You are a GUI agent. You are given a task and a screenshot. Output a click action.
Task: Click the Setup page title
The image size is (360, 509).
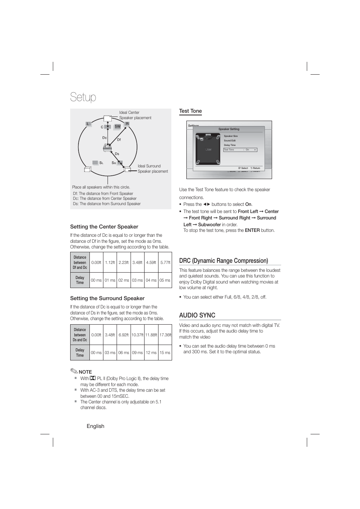coord(83,97)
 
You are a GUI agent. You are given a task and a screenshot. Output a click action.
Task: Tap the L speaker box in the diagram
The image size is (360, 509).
coord(88,124)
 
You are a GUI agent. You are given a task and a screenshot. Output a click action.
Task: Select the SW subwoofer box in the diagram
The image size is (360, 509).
coord(117,127)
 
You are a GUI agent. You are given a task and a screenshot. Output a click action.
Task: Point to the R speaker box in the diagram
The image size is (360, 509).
coord(127,124)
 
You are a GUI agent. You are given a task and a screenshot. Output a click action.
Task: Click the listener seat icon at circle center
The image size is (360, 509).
coord(107,147)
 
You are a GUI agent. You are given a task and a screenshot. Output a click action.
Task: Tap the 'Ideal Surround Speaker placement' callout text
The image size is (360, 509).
coord(152,169)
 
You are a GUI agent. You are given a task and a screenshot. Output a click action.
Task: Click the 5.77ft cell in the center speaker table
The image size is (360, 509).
coord(165,262)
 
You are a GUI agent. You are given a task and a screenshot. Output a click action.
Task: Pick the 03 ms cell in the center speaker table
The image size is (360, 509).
coord(137,280)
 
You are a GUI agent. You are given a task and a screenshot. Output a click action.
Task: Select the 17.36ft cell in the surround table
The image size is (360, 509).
coord(165,335)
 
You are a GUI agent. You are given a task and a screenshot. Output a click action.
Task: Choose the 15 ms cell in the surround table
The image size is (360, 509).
coord(165,353)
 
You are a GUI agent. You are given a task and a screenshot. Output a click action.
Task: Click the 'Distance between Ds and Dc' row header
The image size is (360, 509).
coord(80,335)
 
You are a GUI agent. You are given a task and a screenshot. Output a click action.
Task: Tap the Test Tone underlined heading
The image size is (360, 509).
coord(190,111)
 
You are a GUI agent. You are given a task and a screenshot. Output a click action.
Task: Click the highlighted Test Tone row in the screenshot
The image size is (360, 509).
coord(240,150)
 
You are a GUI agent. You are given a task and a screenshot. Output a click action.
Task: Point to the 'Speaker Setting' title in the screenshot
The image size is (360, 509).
coord(229,129)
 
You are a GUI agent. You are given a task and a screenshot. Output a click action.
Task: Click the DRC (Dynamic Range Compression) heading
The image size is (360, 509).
coord(223,261)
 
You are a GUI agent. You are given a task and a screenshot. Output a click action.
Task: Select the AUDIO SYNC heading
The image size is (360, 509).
coord(197,315)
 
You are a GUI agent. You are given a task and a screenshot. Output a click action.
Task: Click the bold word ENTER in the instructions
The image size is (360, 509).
coord(252,230)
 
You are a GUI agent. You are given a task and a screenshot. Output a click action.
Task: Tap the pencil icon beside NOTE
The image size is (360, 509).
coord(74,371)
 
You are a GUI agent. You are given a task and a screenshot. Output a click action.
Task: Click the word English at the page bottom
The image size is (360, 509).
coord(95,426)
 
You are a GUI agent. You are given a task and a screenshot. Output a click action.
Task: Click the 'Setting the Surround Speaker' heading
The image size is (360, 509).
coord(107,298)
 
